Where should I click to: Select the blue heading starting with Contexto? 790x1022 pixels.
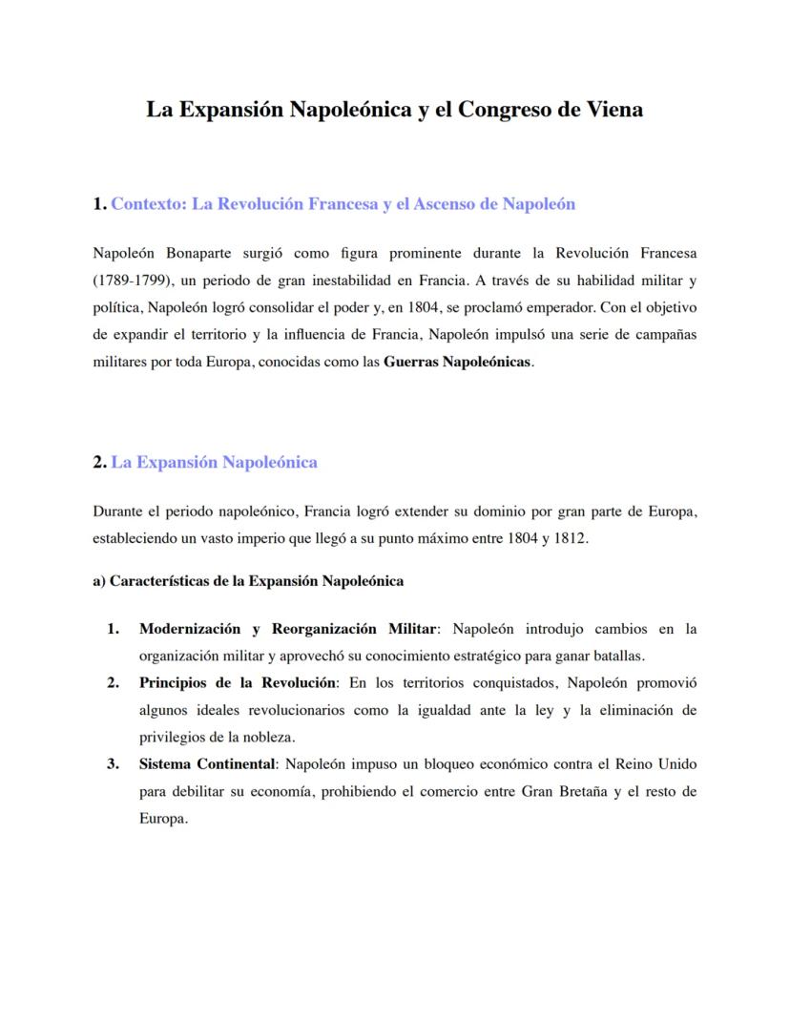click(x=343, y=204)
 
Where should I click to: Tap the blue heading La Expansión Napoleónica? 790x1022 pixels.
click(x=214, y=463)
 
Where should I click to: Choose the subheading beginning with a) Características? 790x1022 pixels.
click(x=248, y=581)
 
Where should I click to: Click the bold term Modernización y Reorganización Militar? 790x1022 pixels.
click(x=287, y=629)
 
